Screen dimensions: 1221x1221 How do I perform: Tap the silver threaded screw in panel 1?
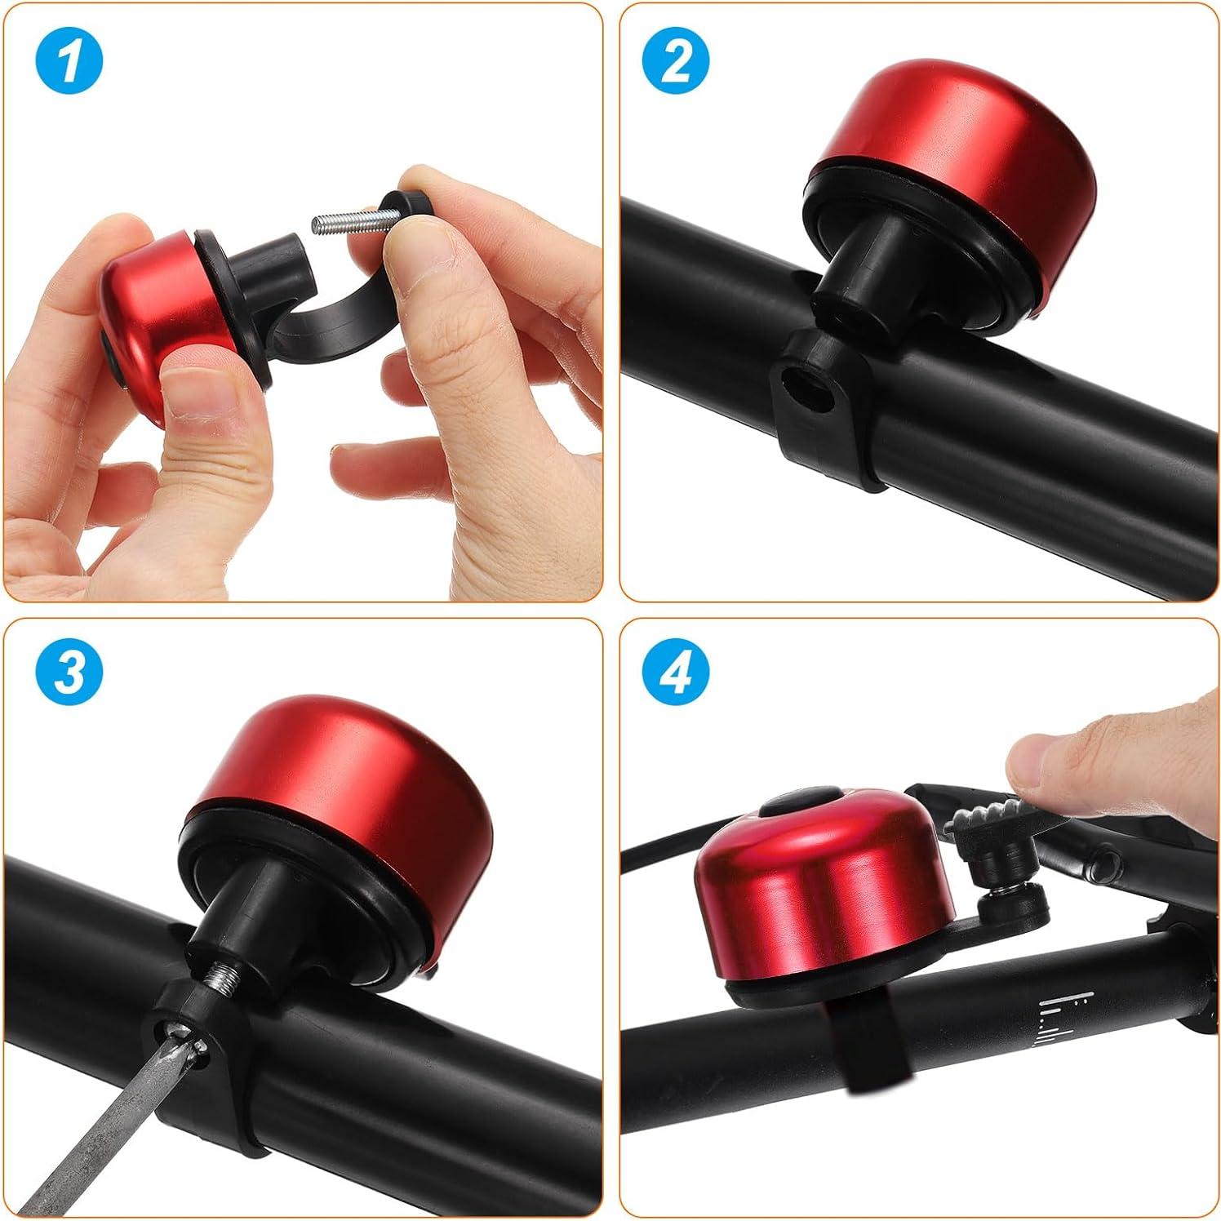343,219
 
